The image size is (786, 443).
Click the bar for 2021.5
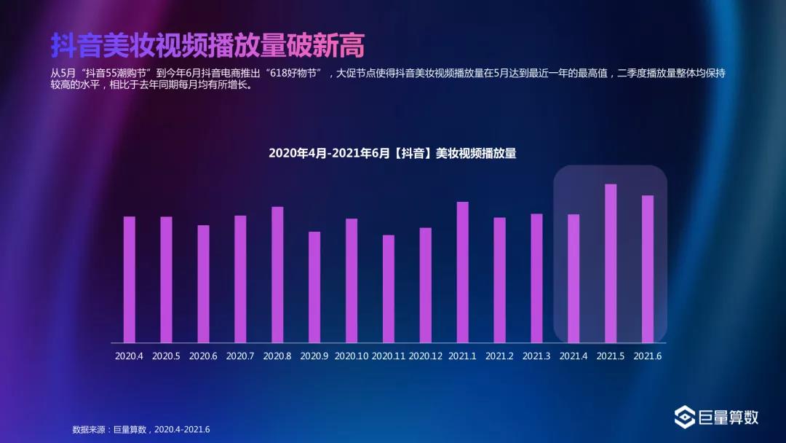(x=611, y=263)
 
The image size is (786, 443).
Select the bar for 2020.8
(x=277, y=275)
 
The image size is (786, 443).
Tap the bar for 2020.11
(x=389, y=289)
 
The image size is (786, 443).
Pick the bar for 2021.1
(x=463, y=272)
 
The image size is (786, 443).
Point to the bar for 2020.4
(x=130, y=279)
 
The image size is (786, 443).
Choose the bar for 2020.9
(x=314, y=287)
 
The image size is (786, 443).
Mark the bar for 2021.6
(x=648, y=269)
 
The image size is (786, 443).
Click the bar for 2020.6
(x=204, y=283)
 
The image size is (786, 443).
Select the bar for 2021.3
(x=536, y=278)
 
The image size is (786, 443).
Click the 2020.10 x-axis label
(x=352, y=356)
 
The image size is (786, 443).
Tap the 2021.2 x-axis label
(x=499, y=356)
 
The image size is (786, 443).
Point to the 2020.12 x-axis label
(x=426, y=356)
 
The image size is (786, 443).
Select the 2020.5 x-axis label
(x=167, y=356)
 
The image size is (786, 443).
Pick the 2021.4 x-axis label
(x=573, y=356)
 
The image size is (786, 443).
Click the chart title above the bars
(x=392, y=153)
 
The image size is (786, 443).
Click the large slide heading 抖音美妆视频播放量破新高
(x=207, y=45)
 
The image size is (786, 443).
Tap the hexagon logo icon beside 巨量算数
(x=684, y=417)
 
